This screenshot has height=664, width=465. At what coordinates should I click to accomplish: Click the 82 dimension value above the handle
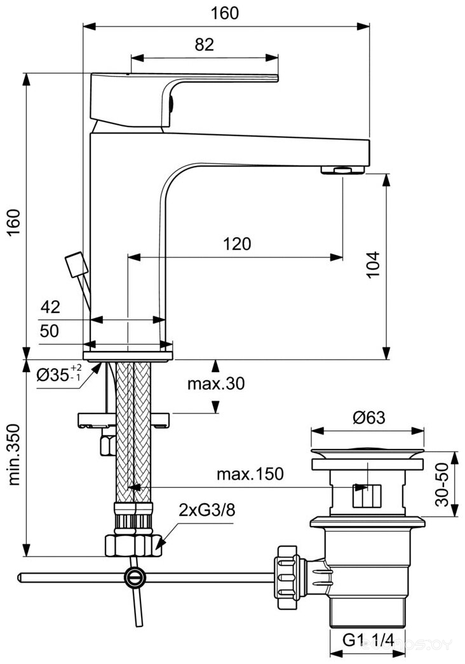(x=205, y=45)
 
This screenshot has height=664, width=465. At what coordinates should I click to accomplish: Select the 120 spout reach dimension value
(x=236, y=244)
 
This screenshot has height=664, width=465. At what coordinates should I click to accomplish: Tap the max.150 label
(x=250, y=474)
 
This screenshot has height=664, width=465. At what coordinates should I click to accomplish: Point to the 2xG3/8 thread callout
(x=201, y=509)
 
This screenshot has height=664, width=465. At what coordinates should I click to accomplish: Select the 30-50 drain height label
(x=443, y=480)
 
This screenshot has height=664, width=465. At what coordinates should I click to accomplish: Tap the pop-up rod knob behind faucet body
(x=75, y=264)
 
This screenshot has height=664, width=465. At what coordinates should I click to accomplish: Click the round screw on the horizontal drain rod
(x=134, y=578)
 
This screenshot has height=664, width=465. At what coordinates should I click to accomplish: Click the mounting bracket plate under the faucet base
(x=125, y=420)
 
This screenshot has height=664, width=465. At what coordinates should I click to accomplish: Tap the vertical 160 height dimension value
(x=13, y=223)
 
